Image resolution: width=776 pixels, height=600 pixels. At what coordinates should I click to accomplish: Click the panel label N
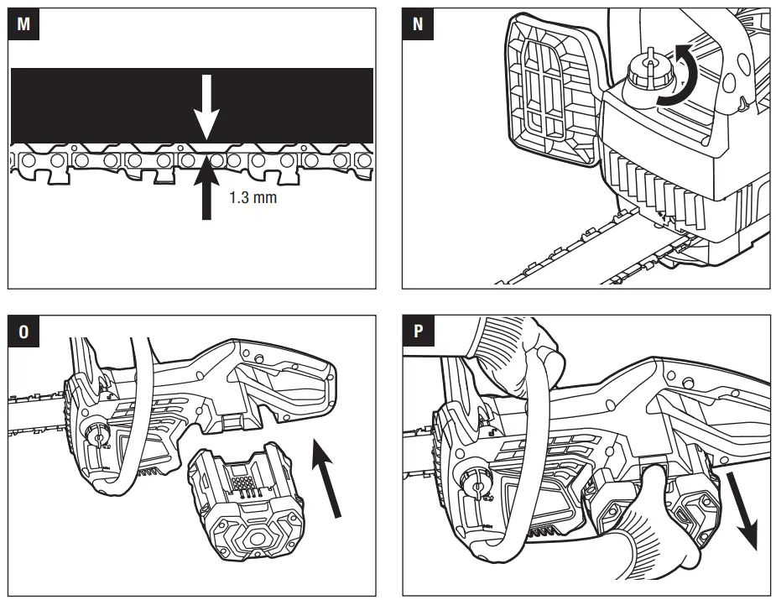coord(417,23)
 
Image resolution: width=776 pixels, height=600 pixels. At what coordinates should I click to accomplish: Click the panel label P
coord(417,331)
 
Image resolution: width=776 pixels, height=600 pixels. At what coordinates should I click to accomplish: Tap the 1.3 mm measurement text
coord(253,200)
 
